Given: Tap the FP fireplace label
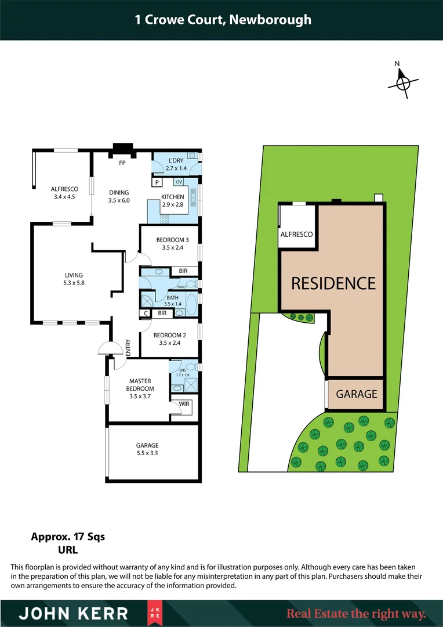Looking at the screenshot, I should (x=122, y=163).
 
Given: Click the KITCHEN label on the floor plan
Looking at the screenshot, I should (x=172, y=197).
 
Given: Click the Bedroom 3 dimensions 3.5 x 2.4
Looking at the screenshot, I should (x=172, y=247).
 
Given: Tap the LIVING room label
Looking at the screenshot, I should (x=74, y=275).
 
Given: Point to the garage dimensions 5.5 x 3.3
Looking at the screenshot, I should (x=148, y=453).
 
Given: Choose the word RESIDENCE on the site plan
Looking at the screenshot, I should (x=333, y=283).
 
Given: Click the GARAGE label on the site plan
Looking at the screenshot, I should (x=357, y=394).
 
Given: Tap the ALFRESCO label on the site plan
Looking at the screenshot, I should (x=296, y=234).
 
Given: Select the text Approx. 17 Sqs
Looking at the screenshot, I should (x=68, y=537).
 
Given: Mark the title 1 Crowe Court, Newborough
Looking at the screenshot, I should (x=221, y=20).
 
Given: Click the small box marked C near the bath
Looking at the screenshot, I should (x=146, y=313).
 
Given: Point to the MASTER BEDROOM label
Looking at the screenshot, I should (x=140, y=385).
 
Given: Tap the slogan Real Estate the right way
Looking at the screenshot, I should (x=356, y=614).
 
